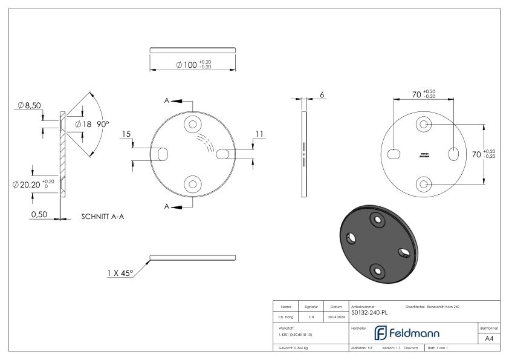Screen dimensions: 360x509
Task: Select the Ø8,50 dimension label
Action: coord(29,105)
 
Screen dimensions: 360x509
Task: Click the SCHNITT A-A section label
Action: coord(103,215)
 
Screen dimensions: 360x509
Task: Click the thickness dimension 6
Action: coord(322,95)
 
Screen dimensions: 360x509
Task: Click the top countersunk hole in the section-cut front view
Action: coord(193,124)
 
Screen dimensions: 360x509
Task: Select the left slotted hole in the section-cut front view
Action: coord(163,154)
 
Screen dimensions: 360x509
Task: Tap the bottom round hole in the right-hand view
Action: coord(424,183)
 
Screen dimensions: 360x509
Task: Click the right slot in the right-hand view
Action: coord(453,154)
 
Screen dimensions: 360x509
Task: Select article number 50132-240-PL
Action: coord(369,313)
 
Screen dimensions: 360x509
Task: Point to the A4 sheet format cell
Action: coord(489,339)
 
